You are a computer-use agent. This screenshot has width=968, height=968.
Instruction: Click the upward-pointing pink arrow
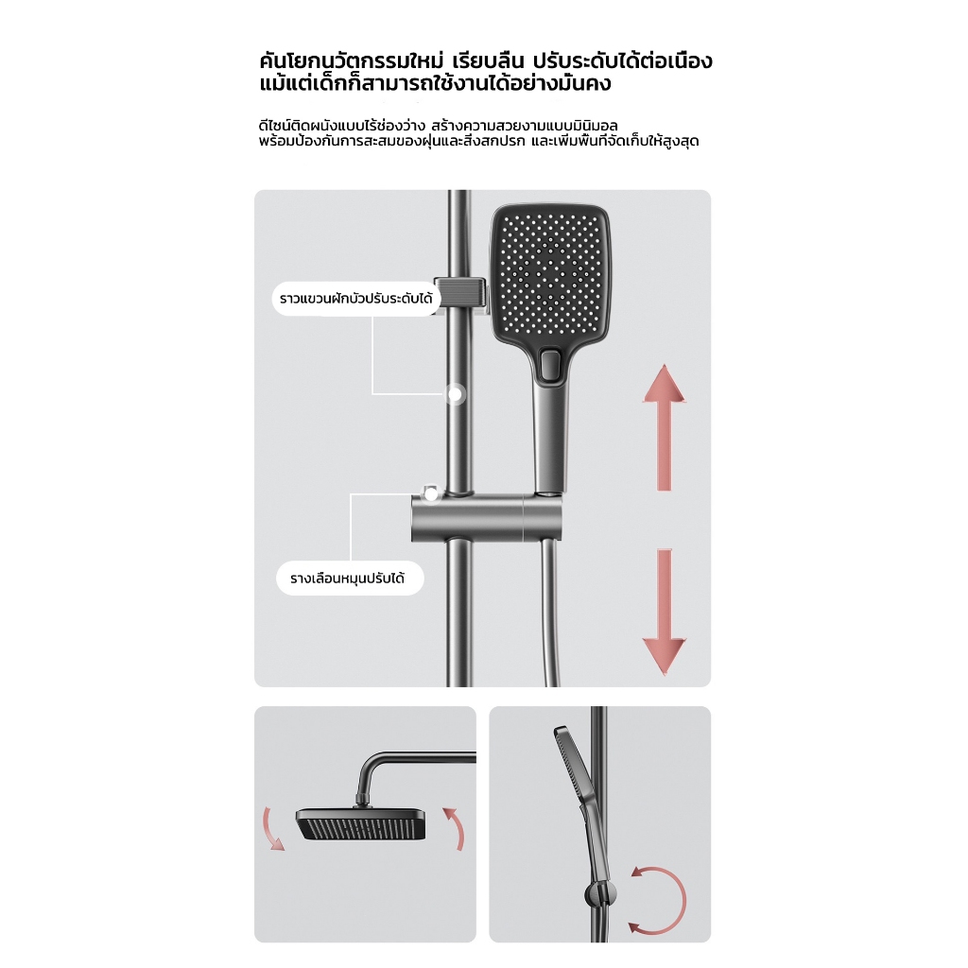pyautogui.click(x=665, y=427)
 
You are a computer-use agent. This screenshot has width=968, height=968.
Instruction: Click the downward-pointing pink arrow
pyautogui.click(x=665, y=612)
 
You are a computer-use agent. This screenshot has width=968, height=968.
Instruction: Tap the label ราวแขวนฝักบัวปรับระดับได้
pyautogui.click(x=356, y=299)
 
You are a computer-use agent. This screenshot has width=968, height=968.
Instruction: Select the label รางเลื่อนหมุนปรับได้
pyautogui.click(x=350, y=579)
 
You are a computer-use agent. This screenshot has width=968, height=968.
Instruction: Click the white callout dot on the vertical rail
pyautogui.click(x=456, y=394)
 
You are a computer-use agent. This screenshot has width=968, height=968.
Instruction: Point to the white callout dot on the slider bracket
pyautogui.click(x=430, y=493)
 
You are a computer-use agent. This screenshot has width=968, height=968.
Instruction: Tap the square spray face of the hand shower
pyautogui.click(x=551, y=270)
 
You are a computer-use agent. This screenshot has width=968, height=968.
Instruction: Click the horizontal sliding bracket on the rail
pyautogui.click(x=487, y=517)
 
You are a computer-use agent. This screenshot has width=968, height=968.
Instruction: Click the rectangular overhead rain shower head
pyautogui.click(x=361, y=824)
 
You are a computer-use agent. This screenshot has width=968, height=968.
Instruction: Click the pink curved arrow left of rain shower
pyautogui.click(x=272, y=828)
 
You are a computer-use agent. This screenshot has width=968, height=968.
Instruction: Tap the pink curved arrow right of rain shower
pyautogui.click(x=455, y=828)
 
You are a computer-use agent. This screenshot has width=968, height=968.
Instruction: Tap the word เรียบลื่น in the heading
pyautogui.click(x=489, y=61)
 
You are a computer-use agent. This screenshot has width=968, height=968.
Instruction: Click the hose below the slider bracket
pyautogui.click(x=552, y=614)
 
